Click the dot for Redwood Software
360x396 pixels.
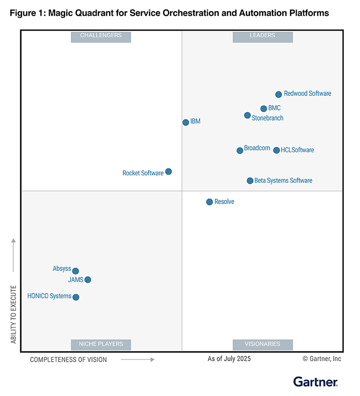tap(278, 94)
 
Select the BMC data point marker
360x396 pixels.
tap(263, 109)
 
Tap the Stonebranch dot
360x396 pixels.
tap(247, 115)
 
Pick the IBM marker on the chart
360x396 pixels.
tap(186, 122)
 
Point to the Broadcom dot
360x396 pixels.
tap(240, 151)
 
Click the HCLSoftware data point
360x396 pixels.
tap(276, 150)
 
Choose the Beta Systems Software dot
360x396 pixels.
tap(250, 181)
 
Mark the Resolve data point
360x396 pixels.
tap(209, 202)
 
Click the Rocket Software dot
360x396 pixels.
tap(168, 172)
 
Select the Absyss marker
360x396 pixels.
tap(75, 271)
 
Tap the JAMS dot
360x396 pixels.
tap(87, 279)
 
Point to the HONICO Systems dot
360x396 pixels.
tap(76, 297)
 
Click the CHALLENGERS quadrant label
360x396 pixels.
tap(101, 35)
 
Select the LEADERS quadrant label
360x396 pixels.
tap(262, 35)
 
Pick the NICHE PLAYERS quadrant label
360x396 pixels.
tap(101, 344)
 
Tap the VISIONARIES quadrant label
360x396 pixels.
tap(262, 344)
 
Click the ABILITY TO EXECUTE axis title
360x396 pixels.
tap(14, 314)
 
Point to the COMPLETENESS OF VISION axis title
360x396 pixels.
tap(69, 360)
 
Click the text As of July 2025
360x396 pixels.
tap(229, 359)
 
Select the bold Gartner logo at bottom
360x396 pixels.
tap(315, 381)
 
